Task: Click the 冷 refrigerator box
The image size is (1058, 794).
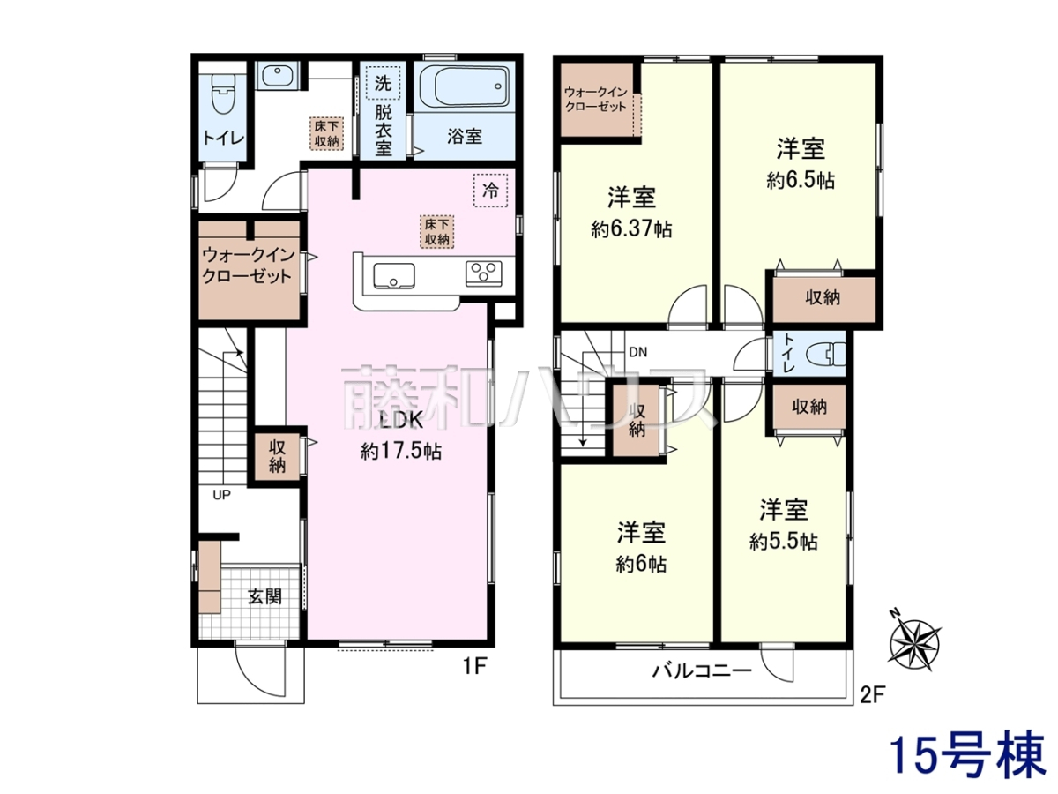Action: tap(490, 190)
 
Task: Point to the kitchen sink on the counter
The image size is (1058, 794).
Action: tap(394, 275)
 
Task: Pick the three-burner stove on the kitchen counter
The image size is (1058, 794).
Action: tap(483, 273)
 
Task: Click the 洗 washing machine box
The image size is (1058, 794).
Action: tap(384, 83)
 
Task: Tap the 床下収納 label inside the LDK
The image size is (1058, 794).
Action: tap(437, 231)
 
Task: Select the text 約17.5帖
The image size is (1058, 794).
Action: tap(401, 451)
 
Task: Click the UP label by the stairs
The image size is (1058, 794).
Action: tap(221, 495)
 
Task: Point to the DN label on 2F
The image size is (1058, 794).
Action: tap(638, 352)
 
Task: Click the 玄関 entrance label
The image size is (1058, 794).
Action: tap(265, 597)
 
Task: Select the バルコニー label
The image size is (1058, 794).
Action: tap(702, 671)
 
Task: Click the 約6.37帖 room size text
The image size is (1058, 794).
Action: tap(631, 229)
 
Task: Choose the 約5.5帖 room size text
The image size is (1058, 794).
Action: tap(783, 542)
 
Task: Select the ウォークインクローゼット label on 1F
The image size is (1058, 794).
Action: tap(247, 266)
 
